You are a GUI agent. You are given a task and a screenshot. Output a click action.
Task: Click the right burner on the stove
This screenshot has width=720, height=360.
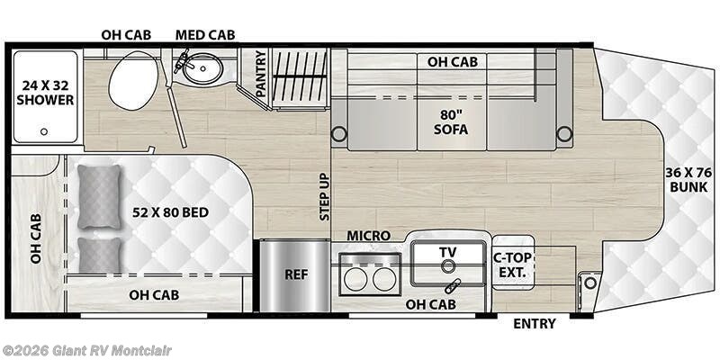tap(385, 279)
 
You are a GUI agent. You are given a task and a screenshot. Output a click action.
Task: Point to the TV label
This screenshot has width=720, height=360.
tap(447, 251)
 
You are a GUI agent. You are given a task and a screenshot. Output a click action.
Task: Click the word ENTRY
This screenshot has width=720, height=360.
tap(534, 324)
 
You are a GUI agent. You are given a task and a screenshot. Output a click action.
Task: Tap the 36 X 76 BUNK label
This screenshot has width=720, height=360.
tap(688, 180)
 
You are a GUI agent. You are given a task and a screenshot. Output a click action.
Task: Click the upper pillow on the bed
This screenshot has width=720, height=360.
tap(99, 197)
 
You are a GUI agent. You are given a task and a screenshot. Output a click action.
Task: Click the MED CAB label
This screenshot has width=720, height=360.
tap(205, 34)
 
